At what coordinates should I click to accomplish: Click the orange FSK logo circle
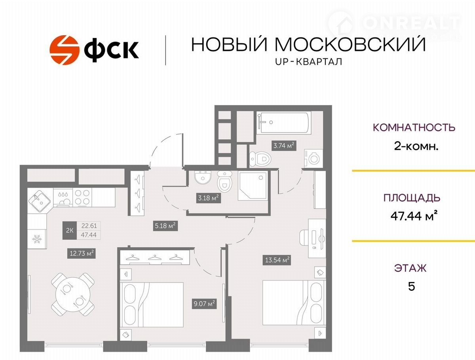(x=64, y=50)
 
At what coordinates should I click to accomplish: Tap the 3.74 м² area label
(x=284, y=146)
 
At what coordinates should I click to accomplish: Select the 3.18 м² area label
(x=208, y=198)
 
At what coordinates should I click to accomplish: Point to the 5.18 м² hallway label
(x=165, y=226)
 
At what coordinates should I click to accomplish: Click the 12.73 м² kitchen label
(x=82, y=253)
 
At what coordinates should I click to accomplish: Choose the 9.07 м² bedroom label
(x=204, y=304)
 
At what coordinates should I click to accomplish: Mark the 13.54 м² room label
(x=277, y=260)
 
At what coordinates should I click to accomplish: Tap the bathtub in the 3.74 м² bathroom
(x=284, y=122)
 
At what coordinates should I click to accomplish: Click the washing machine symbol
(x=313, y=158)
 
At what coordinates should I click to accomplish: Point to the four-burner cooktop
(x=82, y=197)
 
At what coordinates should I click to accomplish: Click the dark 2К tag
(x=70, y=231)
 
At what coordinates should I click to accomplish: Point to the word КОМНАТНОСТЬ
(x=414, y=127)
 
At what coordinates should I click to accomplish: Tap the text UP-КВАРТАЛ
(x=308, y=62)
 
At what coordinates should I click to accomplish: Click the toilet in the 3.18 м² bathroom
(x=225, y=181)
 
